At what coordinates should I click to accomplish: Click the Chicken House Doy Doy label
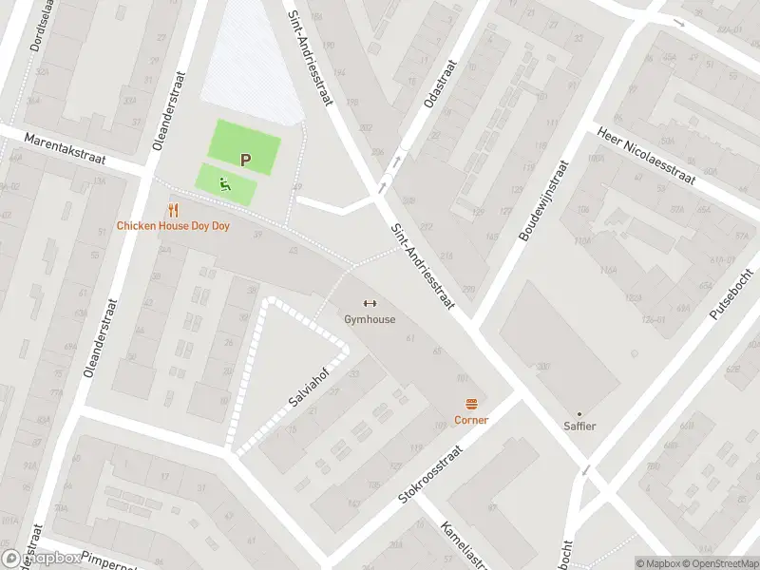[173, 226]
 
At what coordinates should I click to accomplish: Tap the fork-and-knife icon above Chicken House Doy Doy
[173, 210]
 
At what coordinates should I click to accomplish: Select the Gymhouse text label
[370, 320]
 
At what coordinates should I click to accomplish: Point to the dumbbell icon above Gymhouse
[370, 304]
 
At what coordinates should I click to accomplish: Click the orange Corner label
[471, 420]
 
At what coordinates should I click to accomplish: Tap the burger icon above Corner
[471, 404]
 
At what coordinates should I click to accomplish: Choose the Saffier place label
[579, 427]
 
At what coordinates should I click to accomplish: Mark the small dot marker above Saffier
[579, 413]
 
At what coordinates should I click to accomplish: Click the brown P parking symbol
[245, 161]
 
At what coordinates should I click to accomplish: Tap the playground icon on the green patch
[225, 184]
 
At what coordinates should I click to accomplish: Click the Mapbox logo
[42, 559]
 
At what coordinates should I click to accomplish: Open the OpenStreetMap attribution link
[719, 563]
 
